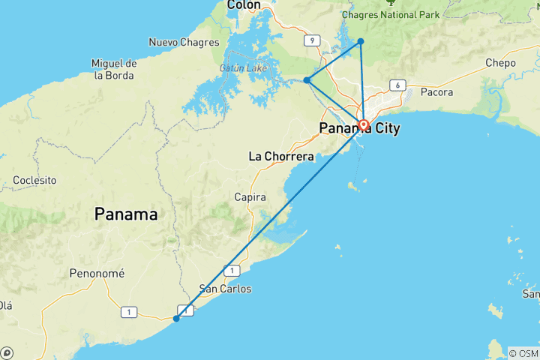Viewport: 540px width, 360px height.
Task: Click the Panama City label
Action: (x=360, y=129)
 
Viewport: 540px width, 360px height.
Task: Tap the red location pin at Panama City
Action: (x=364, y=124)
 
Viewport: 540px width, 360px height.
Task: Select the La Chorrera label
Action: (x=281, y=157)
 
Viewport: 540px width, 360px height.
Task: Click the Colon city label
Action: (x=244, y=5)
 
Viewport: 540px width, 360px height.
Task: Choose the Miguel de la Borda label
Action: (x=114, y=69)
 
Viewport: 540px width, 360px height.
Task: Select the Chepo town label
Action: (x=500, y=63)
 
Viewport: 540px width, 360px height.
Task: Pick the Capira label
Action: (x=250, y=196)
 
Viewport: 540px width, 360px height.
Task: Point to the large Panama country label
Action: (x=126, y=214)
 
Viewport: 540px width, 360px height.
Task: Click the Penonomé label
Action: (x=97, y=273)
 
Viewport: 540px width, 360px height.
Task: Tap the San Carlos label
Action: (x=225, y=289)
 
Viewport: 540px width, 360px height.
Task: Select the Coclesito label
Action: (x=35, y=181)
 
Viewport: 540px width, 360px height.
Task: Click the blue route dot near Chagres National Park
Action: (x=361, y=41)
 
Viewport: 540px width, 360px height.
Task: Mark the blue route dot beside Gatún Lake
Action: (x=307, y=80)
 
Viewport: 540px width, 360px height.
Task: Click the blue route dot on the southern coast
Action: (x=176, y=319)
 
